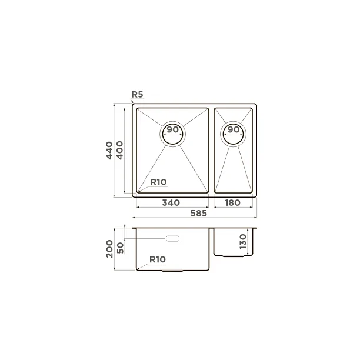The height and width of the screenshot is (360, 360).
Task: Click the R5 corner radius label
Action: coord(137,94)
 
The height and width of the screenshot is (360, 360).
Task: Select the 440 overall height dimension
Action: coord(109,151)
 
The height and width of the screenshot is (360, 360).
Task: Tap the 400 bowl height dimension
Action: coord(120,150)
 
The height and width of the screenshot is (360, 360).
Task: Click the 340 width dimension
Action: coord(171,202)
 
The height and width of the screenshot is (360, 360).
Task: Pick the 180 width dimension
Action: coord(232,202)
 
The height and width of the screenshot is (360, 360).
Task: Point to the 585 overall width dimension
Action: coord(199,214)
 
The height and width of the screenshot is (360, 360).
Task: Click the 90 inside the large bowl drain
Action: coord(173,129)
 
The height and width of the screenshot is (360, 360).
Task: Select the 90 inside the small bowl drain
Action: coord(234,129)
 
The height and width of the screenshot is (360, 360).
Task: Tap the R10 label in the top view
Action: coord(158,182)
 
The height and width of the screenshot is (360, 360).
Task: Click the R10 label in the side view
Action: coord(158,259)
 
